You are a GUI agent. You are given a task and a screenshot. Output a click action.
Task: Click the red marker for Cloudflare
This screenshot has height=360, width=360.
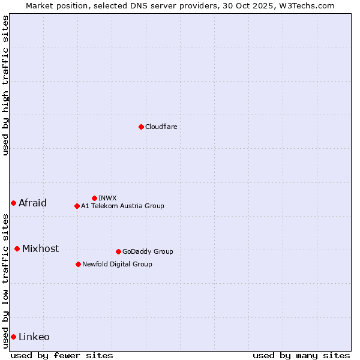coord(141,127)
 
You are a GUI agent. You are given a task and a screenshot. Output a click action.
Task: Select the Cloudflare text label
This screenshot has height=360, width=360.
coord(161,127)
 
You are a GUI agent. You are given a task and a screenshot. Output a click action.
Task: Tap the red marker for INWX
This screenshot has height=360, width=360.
coord(94,198)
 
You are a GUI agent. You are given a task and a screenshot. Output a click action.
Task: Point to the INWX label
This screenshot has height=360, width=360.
coord(107,198)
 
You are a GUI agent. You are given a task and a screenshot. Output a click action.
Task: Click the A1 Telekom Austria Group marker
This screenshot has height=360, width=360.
coord(77,206)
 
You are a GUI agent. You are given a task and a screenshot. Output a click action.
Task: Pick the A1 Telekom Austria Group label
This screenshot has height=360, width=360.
coord(122,206)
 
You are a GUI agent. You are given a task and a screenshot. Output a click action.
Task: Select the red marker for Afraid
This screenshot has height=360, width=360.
coord(13,203)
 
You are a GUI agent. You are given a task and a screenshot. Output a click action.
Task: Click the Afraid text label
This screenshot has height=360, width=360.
coord(32,203)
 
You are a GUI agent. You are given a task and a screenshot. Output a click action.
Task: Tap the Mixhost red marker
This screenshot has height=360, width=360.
coord(17,248)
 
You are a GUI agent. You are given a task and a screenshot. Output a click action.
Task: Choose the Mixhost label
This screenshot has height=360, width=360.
coord(40,248)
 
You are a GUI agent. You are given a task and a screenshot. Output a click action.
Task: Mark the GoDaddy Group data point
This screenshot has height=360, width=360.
coord(118,251)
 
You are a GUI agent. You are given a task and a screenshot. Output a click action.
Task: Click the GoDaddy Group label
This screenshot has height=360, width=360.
coord(148,251)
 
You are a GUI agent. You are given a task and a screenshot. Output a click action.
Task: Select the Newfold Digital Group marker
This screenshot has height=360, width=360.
coord(78,264)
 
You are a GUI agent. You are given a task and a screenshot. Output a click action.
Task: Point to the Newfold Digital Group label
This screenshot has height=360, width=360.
coord(117,264)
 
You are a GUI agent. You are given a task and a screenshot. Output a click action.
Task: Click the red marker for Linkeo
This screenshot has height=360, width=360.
coord(13,337)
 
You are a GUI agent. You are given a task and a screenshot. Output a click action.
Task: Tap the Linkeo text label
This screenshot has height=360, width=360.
coord(34,337)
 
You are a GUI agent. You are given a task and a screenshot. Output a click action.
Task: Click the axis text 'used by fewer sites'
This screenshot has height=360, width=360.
coord(62,355)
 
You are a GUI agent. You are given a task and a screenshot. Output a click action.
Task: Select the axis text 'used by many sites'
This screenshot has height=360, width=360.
coord(301,355)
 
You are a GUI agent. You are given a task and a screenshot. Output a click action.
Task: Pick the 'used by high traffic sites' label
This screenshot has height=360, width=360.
coord(5,85)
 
